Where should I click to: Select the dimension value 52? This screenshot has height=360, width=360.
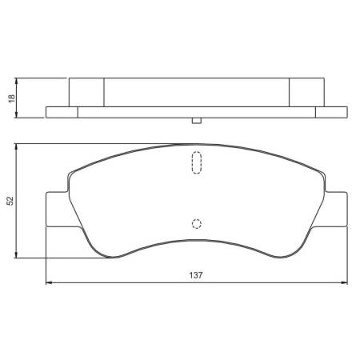click(x=10, y=201)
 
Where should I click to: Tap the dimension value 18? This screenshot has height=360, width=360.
click(x=10, y=98)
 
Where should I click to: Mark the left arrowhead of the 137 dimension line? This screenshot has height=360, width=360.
click(x=49, y=282)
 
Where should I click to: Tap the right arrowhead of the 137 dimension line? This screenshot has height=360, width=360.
click(x=346, y=282)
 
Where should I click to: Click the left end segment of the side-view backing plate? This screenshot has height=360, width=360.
click(x=61, y=112)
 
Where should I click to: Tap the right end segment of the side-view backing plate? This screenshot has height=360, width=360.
click(x=333, y=112)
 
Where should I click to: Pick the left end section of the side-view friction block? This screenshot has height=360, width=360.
click(x=87, y=92)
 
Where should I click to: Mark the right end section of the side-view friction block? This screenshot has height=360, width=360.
click(x=306, y=92)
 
